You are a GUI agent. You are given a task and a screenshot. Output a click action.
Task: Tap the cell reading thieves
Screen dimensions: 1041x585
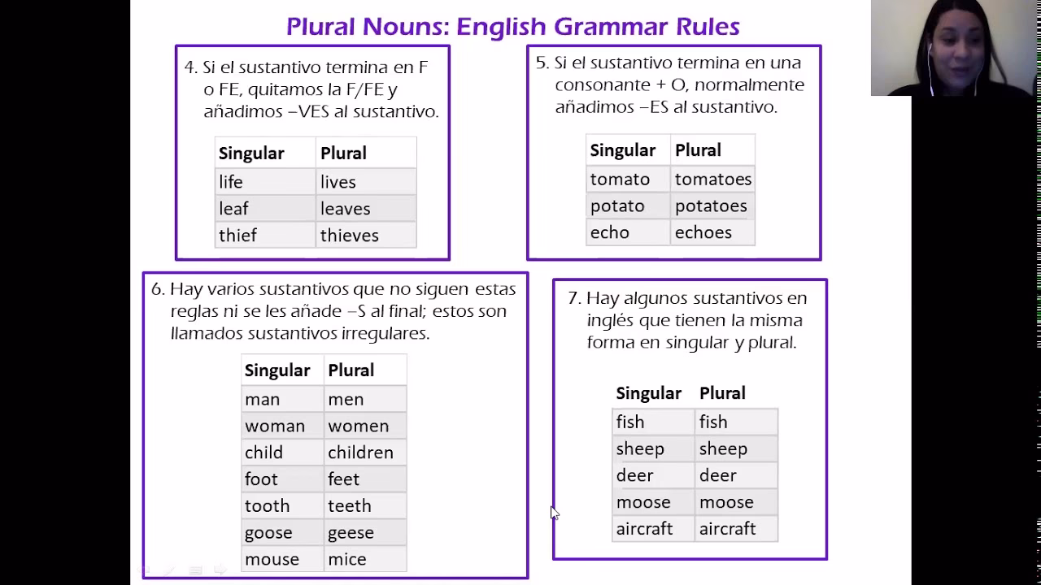point(366,235)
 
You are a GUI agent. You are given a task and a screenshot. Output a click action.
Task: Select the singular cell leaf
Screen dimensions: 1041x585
point(265,209)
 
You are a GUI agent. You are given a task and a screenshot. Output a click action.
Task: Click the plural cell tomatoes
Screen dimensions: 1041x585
point(713,179)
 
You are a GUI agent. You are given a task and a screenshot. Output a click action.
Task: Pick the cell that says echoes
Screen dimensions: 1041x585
point(713,232)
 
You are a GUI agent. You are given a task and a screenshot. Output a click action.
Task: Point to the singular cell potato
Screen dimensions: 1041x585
point(629,206)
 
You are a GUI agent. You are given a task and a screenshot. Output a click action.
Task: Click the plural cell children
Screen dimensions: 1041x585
point(365,453)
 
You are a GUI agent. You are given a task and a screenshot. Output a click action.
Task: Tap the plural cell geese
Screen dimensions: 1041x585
point(365,532)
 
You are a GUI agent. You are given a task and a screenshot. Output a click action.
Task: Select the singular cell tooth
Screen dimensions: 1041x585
point(282,505)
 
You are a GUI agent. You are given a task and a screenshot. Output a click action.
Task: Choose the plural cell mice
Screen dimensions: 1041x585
point(365,559)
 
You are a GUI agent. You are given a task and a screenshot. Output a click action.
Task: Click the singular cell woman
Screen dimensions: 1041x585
point(282,426)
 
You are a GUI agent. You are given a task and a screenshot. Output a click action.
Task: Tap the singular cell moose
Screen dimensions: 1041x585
point(653,502)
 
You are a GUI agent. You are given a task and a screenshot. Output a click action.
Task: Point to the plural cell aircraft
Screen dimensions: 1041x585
point(736,528)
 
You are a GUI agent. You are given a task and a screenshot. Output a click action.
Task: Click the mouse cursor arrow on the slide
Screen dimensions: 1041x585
point(555,513)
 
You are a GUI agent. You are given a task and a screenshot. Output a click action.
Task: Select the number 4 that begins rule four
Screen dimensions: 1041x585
point(190,67)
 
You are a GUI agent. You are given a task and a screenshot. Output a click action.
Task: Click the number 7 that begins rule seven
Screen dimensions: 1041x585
point(574,298)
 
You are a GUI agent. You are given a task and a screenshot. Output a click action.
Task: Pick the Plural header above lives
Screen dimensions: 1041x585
point(343,153)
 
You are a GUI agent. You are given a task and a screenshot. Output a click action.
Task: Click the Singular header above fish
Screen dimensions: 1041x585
point(649,392)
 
